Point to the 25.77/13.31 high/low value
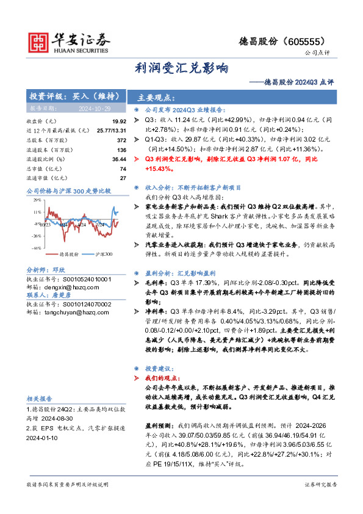(x=111, y=131)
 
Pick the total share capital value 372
(x=121, y=140)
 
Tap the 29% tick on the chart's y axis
(x=37, y=200)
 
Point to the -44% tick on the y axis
(x=36, y=248)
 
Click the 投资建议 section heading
(x=155, y=369)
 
